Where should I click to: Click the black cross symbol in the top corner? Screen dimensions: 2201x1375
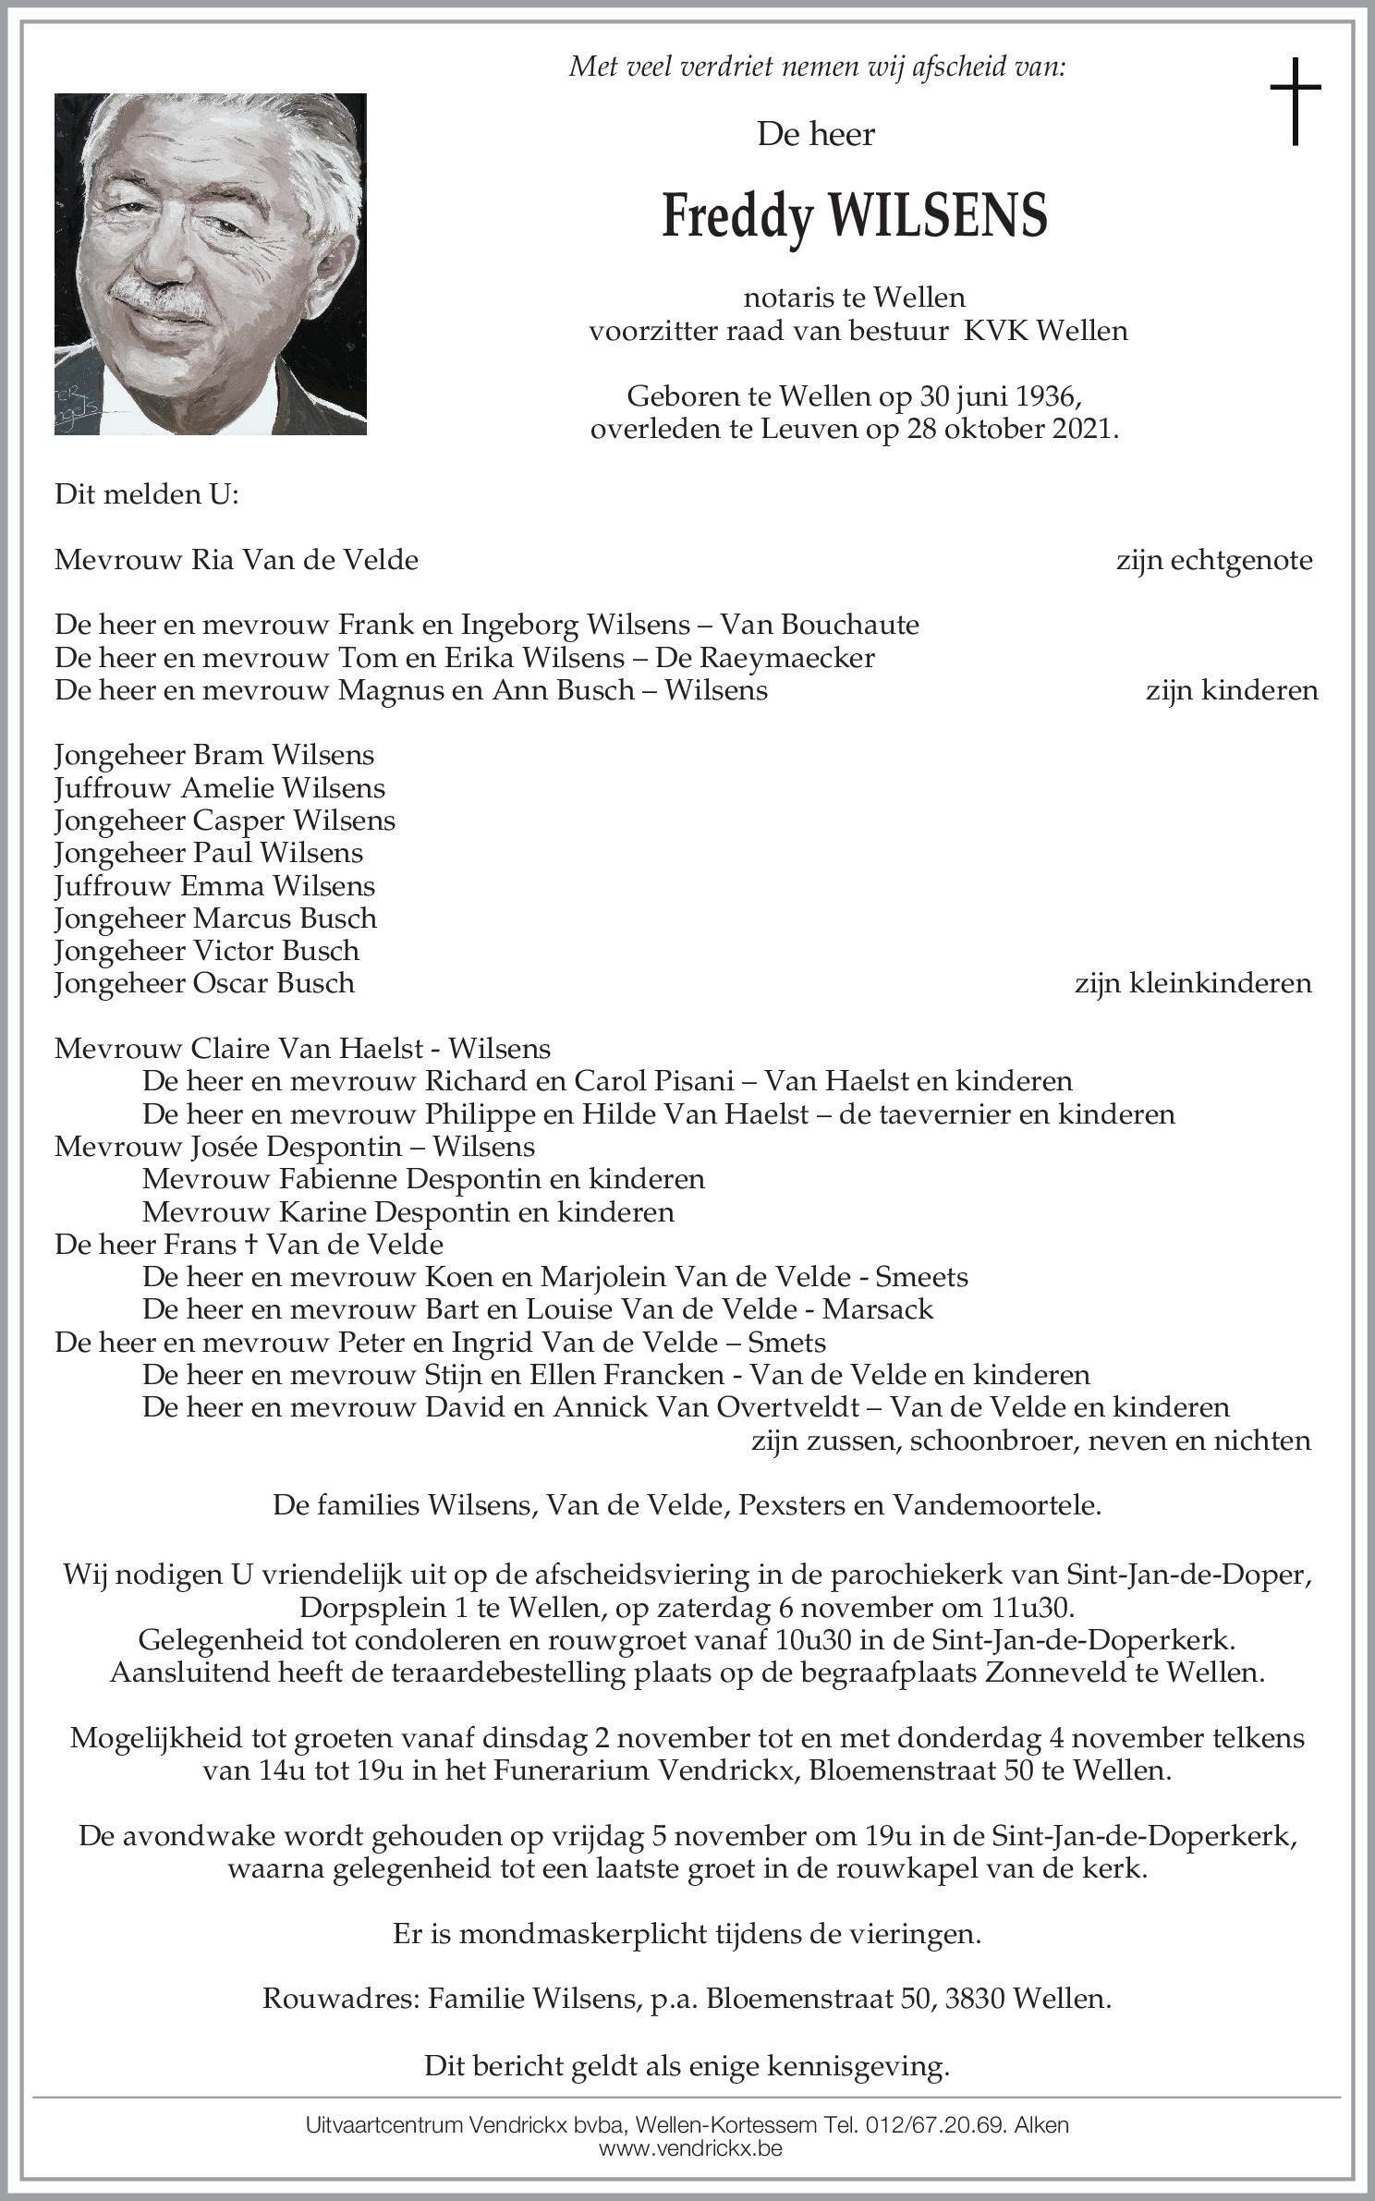click(x=1295, y=101)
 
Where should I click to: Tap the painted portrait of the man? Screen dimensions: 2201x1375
click(x=211, y=263)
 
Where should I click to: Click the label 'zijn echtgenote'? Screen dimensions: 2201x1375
click(x=1214, y=560)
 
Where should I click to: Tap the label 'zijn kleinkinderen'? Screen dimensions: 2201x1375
click(x=1192, y=982)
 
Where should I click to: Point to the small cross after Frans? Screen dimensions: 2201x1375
click(x=251, y=1245)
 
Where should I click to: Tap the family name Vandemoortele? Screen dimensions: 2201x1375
click(x=996, y=1506)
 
